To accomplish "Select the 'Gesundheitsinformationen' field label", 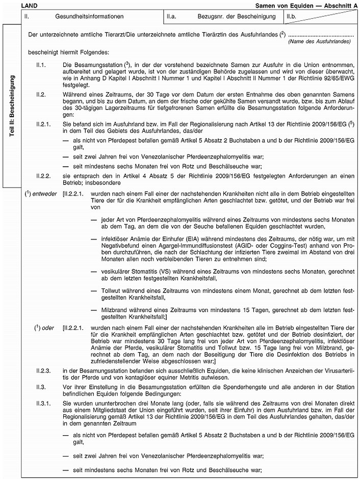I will [x=90, y=17].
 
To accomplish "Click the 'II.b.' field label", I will [x=293, y=17].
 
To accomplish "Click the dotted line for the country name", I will [x=321, y=35].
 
